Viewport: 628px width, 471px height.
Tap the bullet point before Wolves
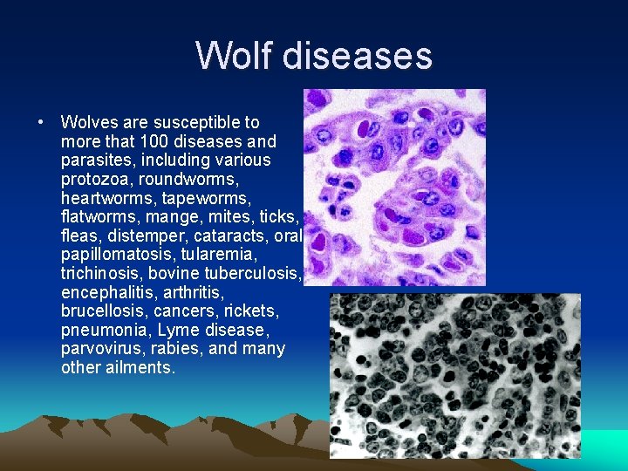coord(41,122)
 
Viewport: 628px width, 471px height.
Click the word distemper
coord(139,235)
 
